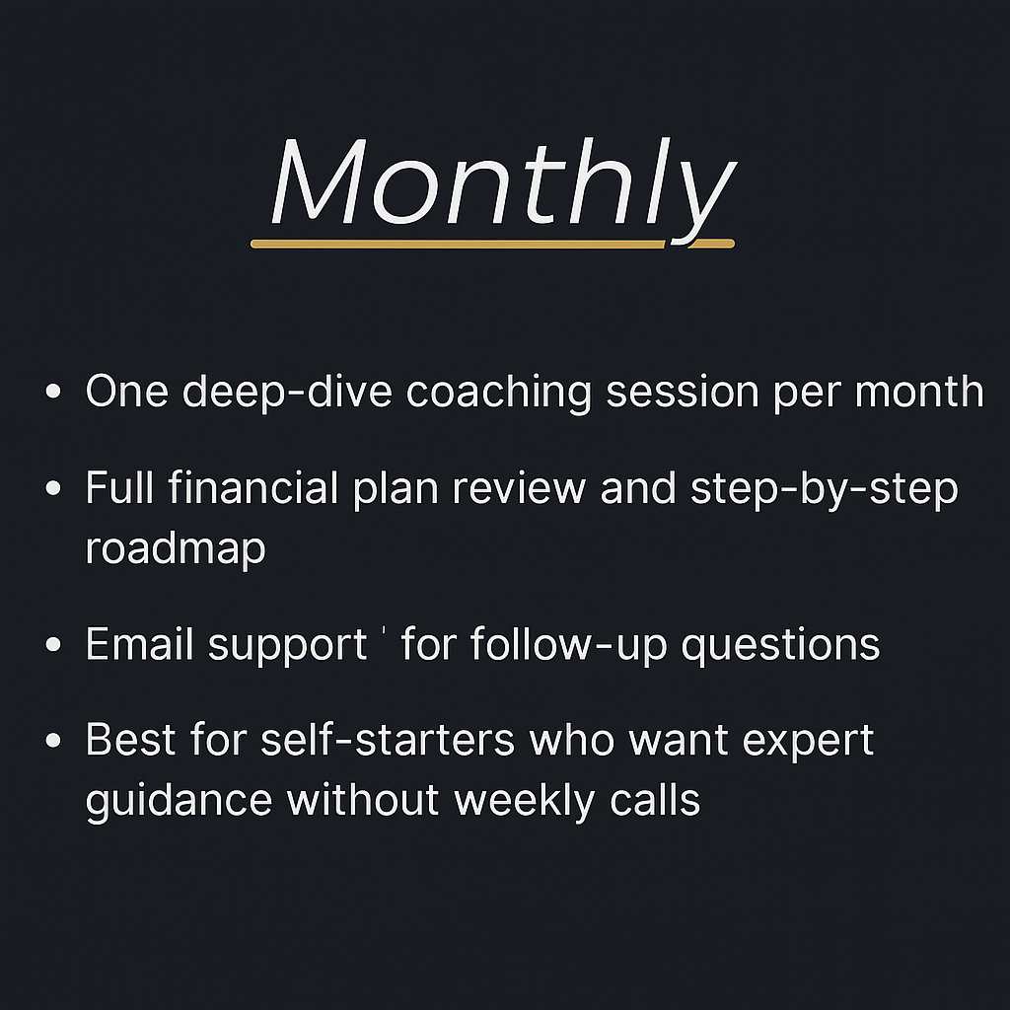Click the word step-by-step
pyautogui.click(x=824, y=490)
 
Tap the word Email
pyautogui.click(x=141, y=645)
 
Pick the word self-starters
pyautogui.click(x=388, y=740)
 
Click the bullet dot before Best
pyautogui.click(x=54, y=741)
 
